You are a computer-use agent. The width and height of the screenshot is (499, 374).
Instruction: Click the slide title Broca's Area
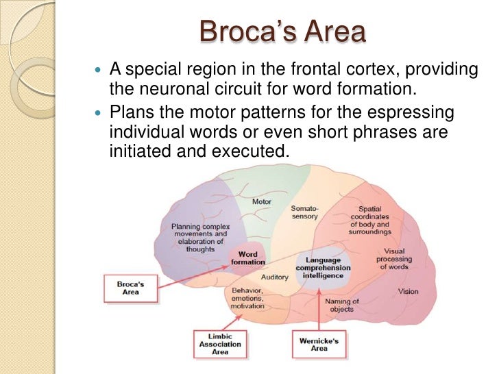[282, 33]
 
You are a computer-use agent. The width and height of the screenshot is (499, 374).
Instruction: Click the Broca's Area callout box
[130, 287]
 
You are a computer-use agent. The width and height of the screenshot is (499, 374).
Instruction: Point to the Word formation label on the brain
[247, 258]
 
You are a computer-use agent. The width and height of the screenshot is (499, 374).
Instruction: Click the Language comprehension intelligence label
[323, 267]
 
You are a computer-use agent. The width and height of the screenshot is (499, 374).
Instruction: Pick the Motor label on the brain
[262, 202]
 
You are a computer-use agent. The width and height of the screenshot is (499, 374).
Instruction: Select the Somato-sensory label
[304, 212]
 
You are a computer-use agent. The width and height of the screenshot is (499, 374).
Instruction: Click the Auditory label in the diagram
[275, 277]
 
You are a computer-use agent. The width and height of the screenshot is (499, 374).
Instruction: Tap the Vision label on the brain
[408, 292]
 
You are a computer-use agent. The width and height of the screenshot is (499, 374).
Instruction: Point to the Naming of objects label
[341, 306]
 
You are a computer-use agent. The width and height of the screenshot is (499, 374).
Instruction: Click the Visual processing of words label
[394, 258]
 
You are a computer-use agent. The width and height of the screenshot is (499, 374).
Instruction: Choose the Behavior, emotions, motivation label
[247, 299]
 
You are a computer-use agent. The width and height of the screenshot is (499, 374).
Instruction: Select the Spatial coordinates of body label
[370, 220]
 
